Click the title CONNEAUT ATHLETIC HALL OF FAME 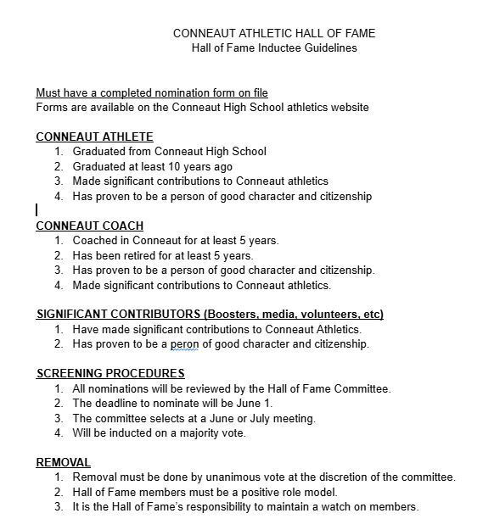[x=273, y=33]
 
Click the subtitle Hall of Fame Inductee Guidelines [x=273, y=47]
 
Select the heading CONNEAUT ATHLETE [x=94, y=137]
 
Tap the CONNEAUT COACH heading [x=89, y=226]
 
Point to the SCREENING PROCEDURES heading [x=110, y=373]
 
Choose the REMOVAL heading [x=63, y=462]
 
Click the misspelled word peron [x=184, y=344]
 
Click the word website [x=347, y=107]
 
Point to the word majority [x=197, y=433]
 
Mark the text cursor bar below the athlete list [x=37, y=209]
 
